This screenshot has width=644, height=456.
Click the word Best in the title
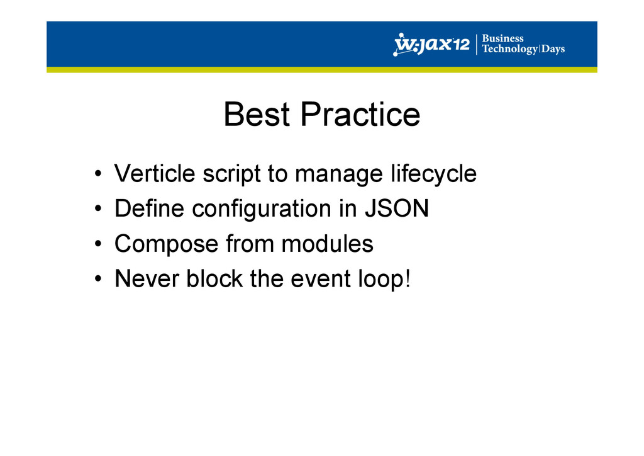pos(257,114)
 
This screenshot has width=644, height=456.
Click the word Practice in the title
pos(360,114)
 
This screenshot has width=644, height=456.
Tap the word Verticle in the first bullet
pos(155,173)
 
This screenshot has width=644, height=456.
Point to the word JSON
pos(397,208)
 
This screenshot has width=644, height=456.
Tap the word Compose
pos(166,244)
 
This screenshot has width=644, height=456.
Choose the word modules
pos(327,243)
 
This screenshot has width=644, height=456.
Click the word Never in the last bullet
pos(147,278)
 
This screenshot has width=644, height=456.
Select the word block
pos(215,278)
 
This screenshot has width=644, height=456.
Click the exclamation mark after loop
pos(408,278)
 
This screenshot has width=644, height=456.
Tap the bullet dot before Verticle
pos(97,173)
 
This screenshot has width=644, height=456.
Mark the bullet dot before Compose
pos(97,244)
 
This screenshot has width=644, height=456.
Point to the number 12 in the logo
pos(462,43)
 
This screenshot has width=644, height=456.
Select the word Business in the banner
pos(502,38)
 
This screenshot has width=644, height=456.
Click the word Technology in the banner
pos(509,49)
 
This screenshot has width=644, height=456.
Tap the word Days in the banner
pos(553,49)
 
